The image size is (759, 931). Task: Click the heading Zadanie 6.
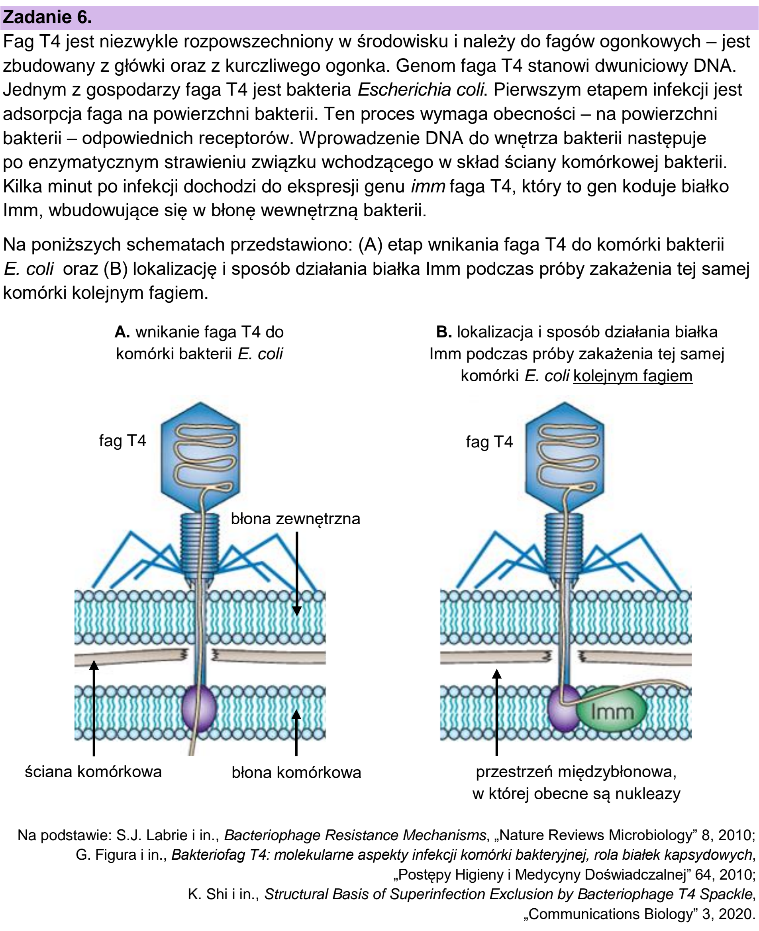47,17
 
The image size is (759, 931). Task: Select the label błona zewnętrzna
295,519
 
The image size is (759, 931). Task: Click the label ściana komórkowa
93,772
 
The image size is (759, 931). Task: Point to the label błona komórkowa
296,772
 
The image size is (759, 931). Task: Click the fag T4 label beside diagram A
122,441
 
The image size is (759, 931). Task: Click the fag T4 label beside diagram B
489,441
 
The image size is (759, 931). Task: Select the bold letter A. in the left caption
122,332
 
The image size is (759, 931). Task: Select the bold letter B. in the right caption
444,332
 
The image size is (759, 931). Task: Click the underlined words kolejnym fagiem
633,376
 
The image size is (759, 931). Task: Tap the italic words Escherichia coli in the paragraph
421,90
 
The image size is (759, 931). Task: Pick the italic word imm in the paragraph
428,186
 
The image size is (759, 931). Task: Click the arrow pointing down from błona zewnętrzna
297,574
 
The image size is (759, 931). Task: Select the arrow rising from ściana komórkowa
94,709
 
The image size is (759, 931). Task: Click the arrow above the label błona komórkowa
296,733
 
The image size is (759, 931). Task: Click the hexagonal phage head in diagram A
200,457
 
